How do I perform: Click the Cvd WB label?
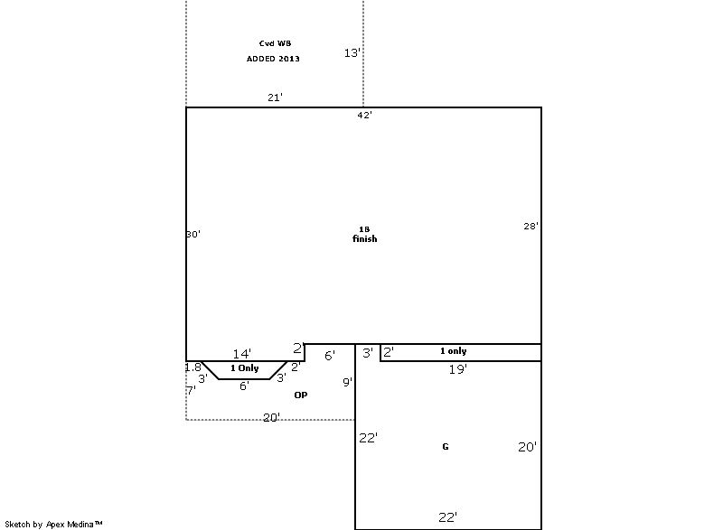(x=275, y=43)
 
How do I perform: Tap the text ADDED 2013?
(x=273, y=59)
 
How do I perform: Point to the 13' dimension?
(x=352, y=53)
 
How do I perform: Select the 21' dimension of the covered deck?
(x=275, y=98)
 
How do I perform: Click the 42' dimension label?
(x=364, y=115)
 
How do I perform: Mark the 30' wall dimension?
(x=193, y=234)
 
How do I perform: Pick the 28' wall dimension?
(x=531, y=226)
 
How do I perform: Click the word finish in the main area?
(x=365, y=238)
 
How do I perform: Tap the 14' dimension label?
(x=242, y=354)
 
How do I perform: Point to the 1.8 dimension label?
(x=193, y=367)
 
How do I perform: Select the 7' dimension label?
(x=191, y=390)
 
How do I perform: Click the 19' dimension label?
(x=458, y=369)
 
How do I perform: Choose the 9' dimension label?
(x=348, y=382)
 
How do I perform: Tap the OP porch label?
(x=301, y=395)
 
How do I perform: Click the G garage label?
(x=446, y=446)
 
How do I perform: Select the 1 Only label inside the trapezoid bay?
(x=244, y=367)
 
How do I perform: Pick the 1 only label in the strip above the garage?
(x=454, y=351)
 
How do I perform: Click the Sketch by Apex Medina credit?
(x=53, y=524)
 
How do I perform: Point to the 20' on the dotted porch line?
(x=272, y=417)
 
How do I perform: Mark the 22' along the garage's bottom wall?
(x=447, y=517)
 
